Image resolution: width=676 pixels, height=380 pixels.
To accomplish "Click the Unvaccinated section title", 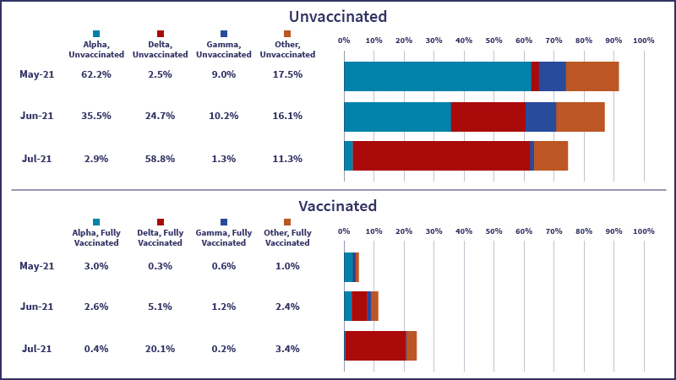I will (x=338, y=17).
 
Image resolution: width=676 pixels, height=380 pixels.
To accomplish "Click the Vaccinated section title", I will (x=338, y=205).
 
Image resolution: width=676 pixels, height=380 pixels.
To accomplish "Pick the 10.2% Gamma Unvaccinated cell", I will (x=223, y=116).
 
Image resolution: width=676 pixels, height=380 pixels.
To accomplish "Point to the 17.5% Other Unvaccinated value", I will (x=287, y=74).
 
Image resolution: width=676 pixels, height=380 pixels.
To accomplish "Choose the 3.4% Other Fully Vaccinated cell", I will (x=287, y=348).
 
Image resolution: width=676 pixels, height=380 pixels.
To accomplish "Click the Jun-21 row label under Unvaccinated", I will (x=37, y=116).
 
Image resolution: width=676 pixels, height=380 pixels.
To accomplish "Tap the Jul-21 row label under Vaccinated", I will (x=37, y=348).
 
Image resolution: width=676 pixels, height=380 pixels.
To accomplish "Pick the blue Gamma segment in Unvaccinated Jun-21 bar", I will (x=541, y=117).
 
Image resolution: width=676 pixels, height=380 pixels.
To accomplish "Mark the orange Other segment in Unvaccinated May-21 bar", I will (x=591, y=76).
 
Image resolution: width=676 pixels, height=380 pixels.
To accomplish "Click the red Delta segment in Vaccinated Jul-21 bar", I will (x=375, y=345).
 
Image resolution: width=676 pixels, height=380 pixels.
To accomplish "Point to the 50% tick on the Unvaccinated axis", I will (x=493, y=41).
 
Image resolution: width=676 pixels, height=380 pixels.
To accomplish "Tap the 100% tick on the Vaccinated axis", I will (x=643, y=231).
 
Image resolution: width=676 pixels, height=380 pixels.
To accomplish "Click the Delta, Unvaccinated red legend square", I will (x=160, y=34).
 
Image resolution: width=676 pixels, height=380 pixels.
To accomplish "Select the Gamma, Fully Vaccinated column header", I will (x=223, y=237).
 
